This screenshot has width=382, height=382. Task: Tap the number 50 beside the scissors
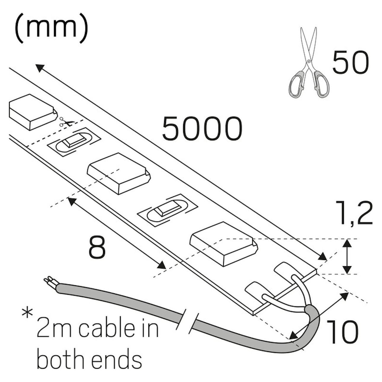[x=351, y=62]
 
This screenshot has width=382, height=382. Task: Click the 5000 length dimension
[x=202, y=129]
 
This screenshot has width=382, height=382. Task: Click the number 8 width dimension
[x=97, y=247]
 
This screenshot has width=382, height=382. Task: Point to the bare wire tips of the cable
[x=49, y=282]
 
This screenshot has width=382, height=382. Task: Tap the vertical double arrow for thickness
[x=347, y=256]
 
